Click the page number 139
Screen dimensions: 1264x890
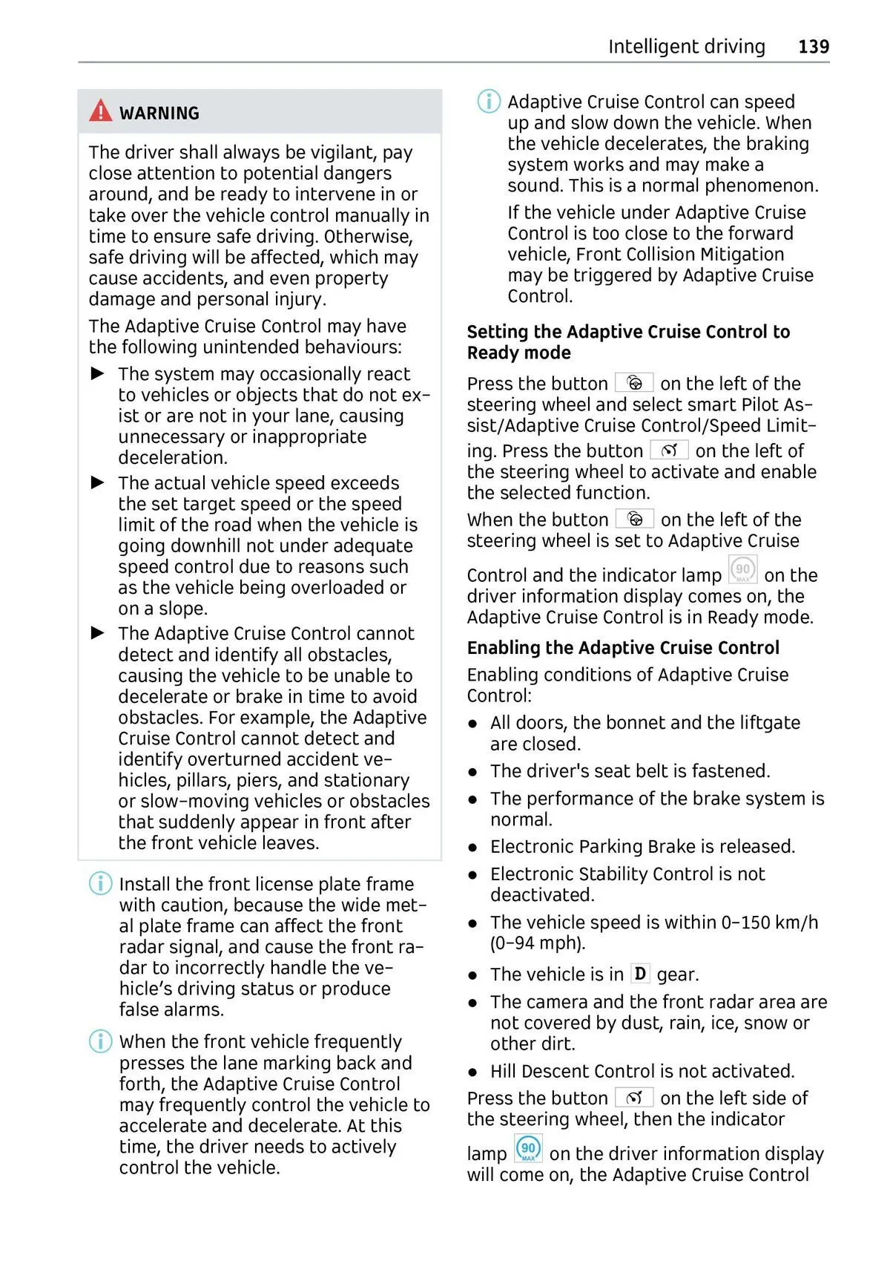pos(813,47)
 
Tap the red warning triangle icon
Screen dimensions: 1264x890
pos(101,111)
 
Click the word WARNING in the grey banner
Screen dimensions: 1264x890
pos(159,114)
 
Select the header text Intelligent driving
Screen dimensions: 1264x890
pos(686,47)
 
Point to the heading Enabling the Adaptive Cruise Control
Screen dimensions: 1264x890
pos(623,648)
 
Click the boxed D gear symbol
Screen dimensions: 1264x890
pos(640,973)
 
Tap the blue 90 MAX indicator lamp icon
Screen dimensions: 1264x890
pos(528,1149)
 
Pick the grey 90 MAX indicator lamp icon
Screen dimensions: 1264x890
pos(742,571)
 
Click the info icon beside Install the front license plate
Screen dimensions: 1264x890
pos(101,883)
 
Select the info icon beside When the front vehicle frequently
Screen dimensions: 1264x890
pos(101,1041)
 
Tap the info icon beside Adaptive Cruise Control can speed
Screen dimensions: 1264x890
pos(489,101)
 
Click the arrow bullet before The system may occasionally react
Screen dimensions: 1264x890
pos(98,373)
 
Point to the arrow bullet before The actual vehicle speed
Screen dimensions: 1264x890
pos(98,482)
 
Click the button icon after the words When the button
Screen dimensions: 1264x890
pos(635,519)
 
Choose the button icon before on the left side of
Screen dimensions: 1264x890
pos(634,1097)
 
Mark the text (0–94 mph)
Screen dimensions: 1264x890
pos(538,943)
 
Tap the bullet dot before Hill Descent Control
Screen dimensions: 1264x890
pos(473,1072)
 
